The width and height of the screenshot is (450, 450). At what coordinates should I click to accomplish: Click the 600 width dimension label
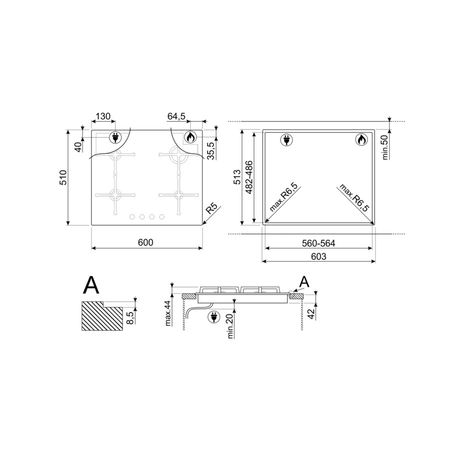145,242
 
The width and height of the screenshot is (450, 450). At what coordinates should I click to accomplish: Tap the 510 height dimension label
63,177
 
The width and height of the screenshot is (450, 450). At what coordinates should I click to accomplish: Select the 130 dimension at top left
103,116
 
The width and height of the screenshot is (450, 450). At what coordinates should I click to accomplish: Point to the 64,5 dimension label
176,116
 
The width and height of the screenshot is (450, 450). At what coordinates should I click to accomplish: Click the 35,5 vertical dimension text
211,150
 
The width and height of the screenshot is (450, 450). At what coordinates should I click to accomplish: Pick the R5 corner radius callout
212,208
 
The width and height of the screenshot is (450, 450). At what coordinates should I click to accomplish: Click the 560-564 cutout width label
318,243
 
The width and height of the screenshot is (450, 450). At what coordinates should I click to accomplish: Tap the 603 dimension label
318,256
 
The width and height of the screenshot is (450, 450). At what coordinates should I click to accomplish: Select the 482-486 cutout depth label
249,177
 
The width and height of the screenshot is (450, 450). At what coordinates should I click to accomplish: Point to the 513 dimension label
237,177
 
